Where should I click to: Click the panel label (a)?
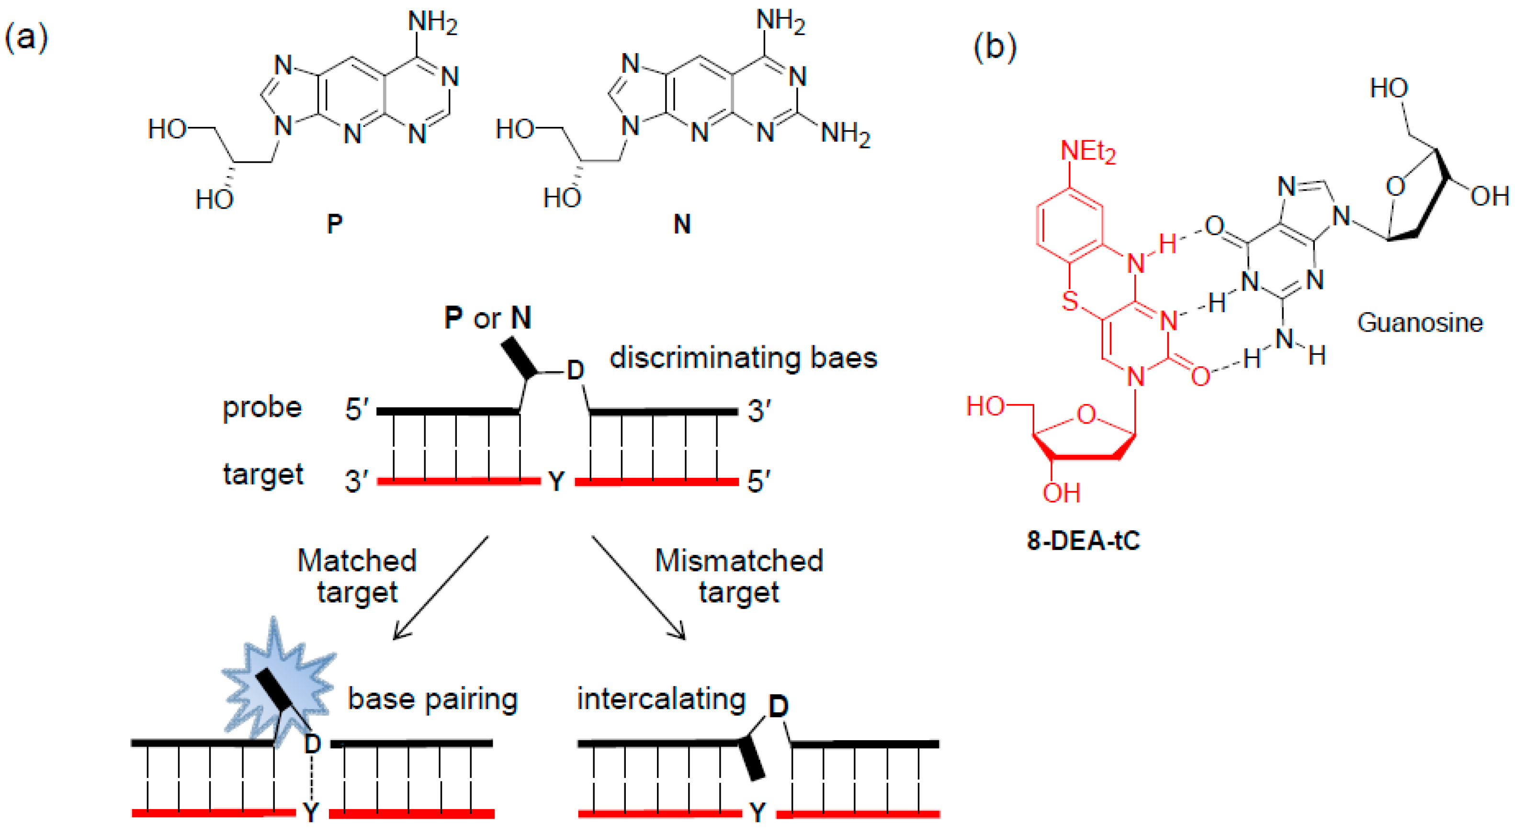click(x=26, y=39)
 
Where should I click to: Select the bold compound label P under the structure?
click(x=335, y=224)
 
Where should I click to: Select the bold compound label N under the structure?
click(x=682, y=224)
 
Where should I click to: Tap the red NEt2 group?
click(x=1087, y=152)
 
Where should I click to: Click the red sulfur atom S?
click(x=1070, y=301)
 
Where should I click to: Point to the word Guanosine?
click(x=1419, y=323)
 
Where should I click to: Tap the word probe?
click(x=262, y=407)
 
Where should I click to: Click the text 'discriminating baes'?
click(x=743, y=358)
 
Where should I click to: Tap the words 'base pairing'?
click(x=432, y=699)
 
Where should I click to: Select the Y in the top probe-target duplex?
click(x=556, y=482)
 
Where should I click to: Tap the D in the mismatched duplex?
click(x=778, y=706)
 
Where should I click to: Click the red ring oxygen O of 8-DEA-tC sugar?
click(x=1085, y=415)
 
